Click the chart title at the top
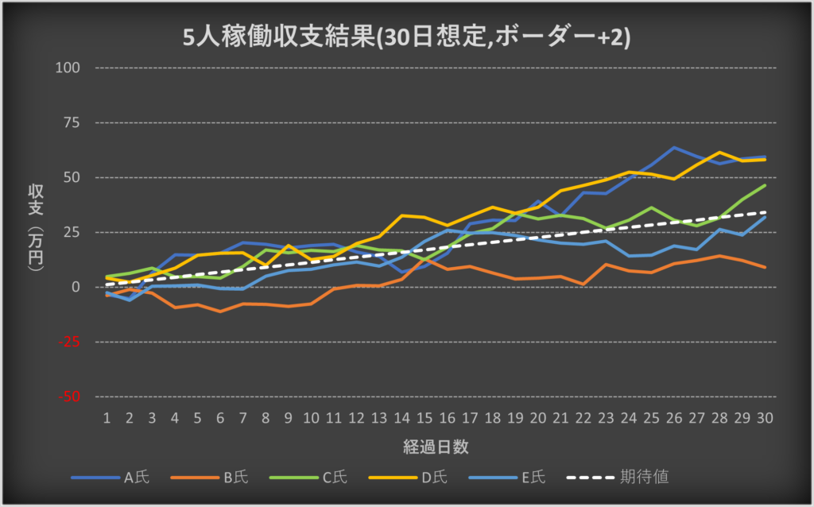406,37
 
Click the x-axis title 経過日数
435,447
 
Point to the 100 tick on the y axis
70,68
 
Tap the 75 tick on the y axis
73,122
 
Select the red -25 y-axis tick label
72,342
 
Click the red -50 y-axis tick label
72,397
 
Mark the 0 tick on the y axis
77,287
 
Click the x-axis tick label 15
424,417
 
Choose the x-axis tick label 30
765,417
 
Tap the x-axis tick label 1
107,417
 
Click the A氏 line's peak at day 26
674,148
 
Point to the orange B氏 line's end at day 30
765,267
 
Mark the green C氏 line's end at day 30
765,185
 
